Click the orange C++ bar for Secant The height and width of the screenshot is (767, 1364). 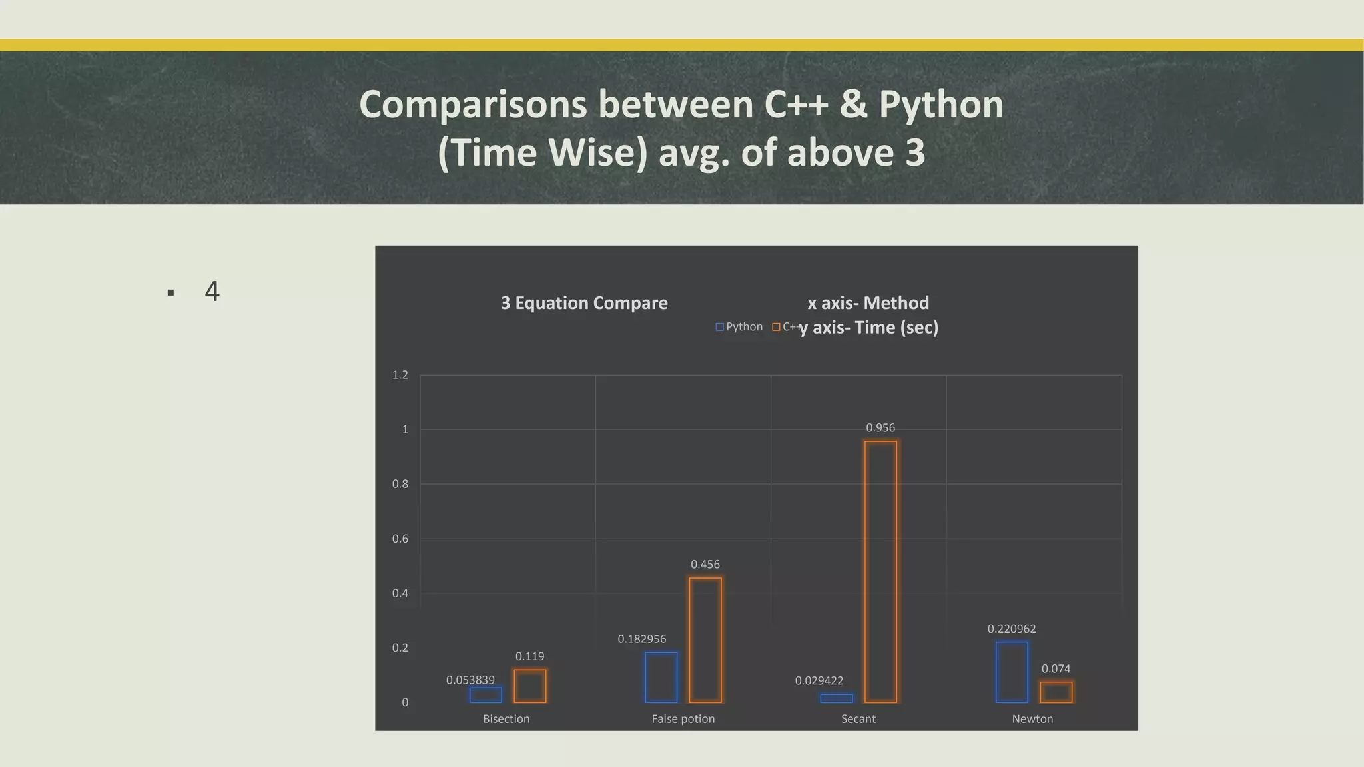pyautogui.click(x=880, y=571)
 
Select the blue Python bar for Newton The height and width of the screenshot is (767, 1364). pyautogui.click(x=1012, y=672)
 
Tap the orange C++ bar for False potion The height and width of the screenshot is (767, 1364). pyautogui.click(x=705, y=640)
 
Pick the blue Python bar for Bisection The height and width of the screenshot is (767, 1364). pyautogui.click(x=486, y=695)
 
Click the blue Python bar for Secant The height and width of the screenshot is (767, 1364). pyautogui.click(x=837, y=698)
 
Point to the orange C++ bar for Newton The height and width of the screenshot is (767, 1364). pyautogui.click(x=1056, y=692)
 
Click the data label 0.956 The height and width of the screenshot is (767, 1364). pyautogui.click(x=880, y=428)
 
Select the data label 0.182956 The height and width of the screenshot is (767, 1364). pyautogui.click(x=641, y=639)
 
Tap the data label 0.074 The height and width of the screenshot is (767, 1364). pyautogui.click(x=1056, y=669)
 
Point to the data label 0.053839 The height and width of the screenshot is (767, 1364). pyautogui.click(x=470, y=680)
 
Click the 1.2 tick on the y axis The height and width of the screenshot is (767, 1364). pyautogui.click(x=400, y=375)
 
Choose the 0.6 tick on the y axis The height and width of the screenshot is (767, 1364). pyautogui.click(x=400, y=539)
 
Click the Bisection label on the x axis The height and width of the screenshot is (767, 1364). pyautogui.click(x=506, y=719)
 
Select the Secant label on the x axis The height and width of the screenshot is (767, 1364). pyautogui.click(x=858, y=719)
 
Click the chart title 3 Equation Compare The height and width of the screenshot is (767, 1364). pyautogui.click(x=584, y=303)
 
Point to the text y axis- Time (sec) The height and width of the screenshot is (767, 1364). pyautogui.click(x=869, y=328)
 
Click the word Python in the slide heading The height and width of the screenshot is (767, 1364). pyautogui.click(x=941, y=105)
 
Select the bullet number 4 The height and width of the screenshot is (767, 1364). pyautogui.click(x=212, y=291)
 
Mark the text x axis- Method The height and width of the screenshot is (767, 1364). pyautogui.click(x=868, y=303)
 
